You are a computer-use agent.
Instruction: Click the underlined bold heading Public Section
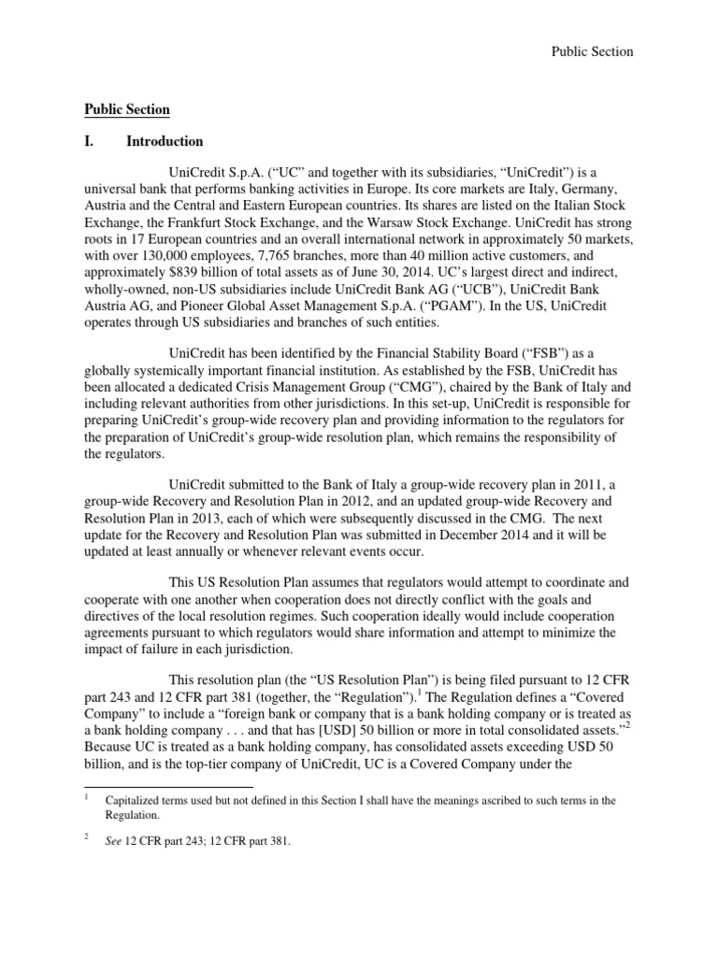[127, 109]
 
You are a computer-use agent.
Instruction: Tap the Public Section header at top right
[591, 51]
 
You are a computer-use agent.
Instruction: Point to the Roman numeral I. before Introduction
[91, 142]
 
